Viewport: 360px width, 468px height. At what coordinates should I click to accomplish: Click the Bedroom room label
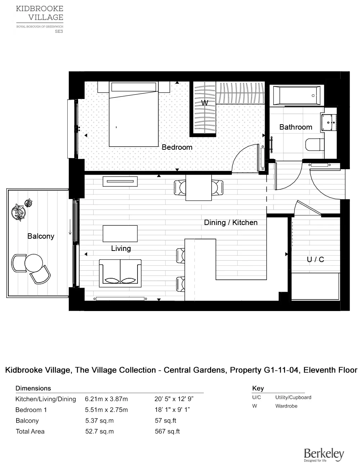[177, 147]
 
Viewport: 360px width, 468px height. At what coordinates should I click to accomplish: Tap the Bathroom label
[296, 127]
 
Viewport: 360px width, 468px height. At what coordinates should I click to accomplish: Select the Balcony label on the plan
[41, 236]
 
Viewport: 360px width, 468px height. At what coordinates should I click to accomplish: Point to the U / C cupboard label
[315, 259]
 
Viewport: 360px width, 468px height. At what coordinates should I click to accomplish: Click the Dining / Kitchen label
[231, 222]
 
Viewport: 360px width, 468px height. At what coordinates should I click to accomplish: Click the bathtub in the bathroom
[297, 96]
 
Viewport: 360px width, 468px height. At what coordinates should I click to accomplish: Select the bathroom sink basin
[329, 122]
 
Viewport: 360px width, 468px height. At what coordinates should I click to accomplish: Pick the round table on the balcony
[34, 262]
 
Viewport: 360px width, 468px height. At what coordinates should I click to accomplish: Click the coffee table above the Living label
[120, 234]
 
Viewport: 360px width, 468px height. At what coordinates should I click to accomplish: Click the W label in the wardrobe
[204, 103]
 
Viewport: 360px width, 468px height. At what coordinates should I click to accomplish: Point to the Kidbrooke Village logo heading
[40, 13]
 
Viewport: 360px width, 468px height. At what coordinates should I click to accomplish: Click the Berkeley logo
[324, 454]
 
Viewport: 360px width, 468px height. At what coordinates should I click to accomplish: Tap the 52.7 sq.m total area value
[99, 431]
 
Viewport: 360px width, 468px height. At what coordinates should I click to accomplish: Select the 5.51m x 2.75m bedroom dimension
[106, 410]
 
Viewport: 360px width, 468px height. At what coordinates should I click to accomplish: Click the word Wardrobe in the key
[286, 406]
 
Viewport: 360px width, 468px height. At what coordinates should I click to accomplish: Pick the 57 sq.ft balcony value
[165, 420]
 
